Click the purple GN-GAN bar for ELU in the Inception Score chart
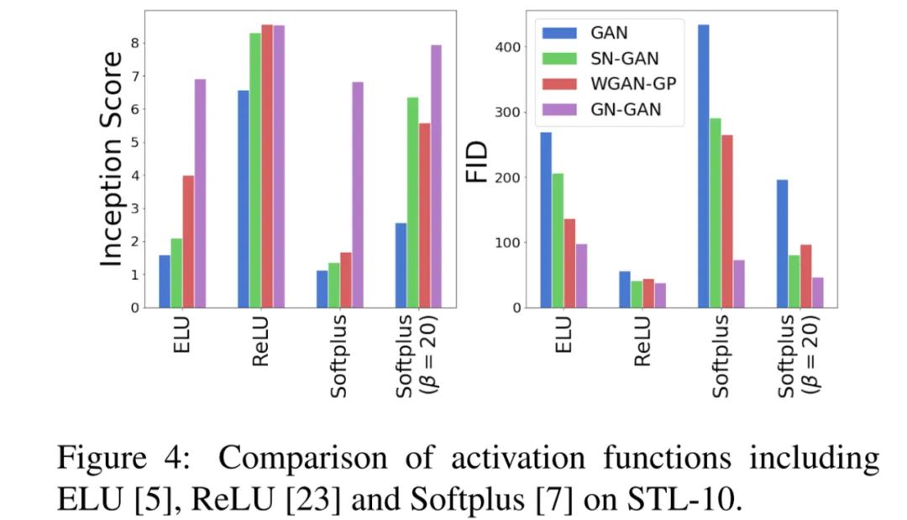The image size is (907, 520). (x=200, y=193)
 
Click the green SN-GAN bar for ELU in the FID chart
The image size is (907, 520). (x=557, y=240)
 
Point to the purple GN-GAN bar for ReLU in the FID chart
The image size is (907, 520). (x=660, y=296)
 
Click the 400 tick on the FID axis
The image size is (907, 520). (x=506, y=47)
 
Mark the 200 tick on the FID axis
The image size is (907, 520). (x=506, y=178)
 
